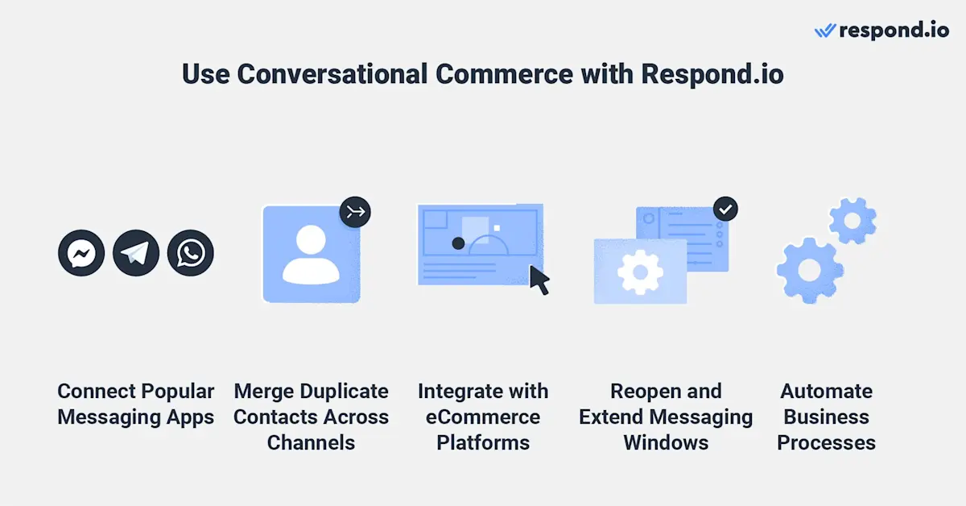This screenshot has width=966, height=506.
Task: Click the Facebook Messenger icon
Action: [81, 254]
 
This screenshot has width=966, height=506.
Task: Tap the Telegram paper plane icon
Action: [136, 254]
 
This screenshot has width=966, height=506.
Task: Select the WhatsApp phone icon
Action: [191, 254]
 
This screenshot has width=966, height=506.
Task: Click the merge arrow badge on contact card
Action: [354, 213]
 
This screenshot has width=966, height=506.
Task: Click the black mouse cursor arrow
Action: [539, 280]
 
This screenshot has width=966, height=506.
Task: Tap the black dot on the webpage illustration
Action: [457, 243]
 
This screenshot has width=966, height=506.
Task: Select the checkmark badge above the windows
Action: [725, 209]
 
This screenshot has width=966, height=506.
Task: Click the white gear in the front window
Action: [640, 271]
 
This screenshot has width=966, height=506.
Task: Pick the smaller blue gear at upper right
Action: [852, 220]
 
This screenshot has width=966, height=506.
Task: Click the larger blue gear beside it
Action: [810, 270]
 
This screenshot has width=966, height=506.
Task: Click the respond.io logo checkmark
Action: [825, 31]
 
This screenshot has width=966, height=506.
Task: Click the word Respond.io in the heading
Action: [712, 74]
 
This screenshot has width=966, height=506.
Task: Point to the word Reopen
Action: [642, 392]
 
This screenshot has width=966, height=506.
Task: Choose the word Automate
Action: [826, 392]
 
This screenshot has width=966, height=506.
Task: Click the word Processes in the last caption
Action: [826, 443]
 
